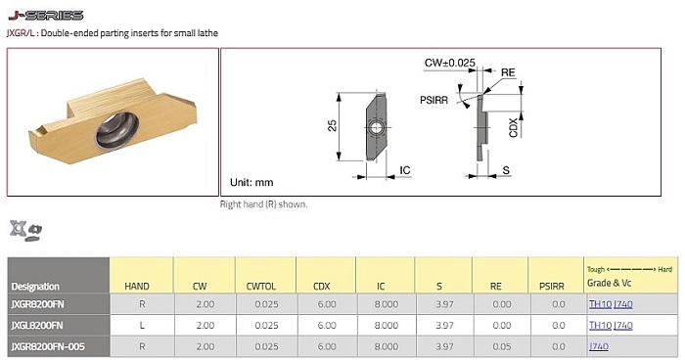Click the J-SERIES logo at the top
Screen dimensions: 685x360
point(46,16)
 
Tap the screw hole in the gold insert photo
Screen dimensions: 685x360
point(117,130)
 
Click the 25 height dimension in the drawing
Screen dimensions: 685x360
point(332,126)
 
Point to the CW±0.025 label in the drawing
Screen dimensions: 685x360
point(449,63)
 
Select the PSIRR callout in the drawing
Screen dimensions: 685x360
point(434,100)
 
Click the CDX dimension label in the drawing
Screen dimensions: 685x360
point(514,127)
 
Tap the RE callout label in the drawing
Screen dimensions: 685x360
point(508,72)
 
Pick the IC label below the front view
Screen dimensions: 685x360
point(405,170)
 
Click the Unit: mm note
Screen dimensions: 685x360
point(251,182)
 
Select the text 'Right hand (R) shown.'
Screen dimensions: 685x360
point(263,204)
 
